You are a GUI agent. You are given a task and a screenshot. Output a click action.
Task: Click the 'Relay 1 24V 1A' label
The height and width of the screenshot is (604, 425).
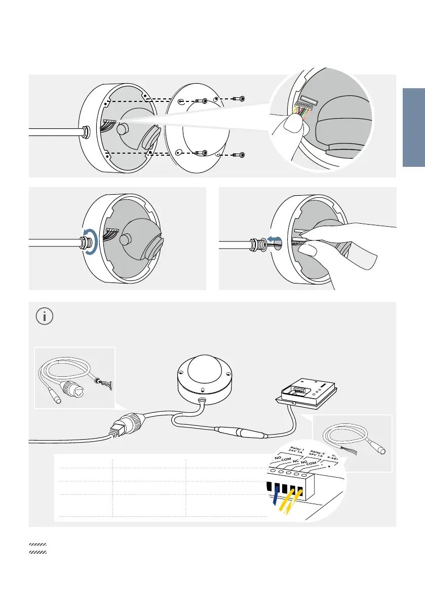295,449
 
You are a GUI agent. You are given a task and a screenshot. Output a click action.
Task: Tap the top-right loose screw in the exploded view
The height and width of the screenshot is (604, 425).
241,99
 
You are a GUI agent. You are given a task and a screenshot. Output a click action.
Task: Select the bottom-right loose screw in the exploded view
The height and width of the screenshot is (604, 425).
241,154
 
